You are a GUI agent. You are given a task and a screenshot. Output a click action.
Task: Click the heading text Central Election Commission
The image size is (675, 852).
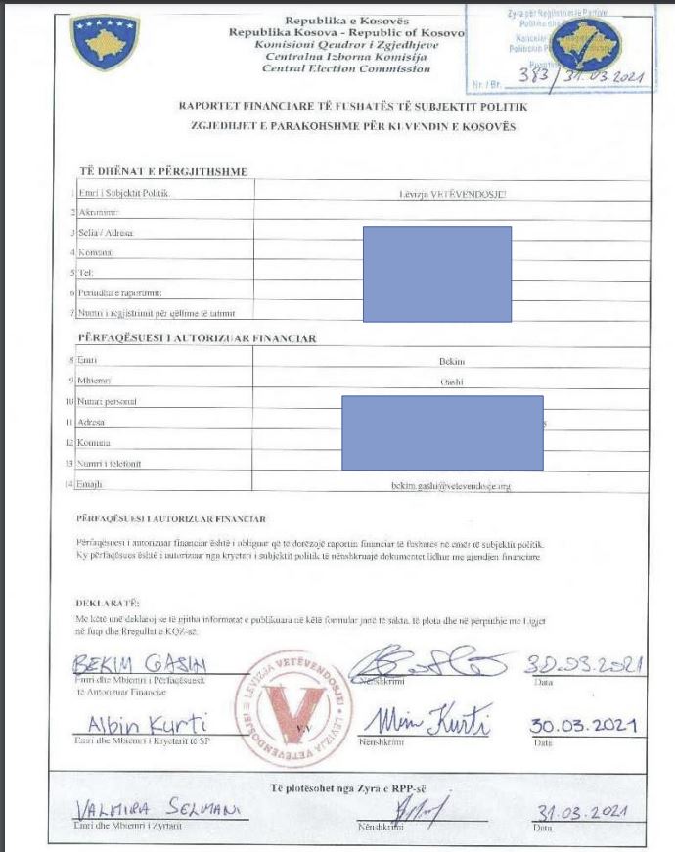pyautogui.click(x=346, y=69)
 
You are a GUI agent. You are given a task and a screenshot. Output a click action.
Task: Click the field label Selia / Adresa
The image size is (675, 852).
pyautogui.click(x=107, y=232)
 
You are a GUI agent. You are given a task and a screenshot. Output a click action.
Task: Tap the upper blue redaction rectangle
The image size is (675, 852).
pyautogui.click(x=436, y=274)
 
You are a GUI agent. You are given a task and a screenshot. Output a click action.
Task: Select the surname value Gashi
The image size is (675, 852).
pyautogui.click(x=451, y=381)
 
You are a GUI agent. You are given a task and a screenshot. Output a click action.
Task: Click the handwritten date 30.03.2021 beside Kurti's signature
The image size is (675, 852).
pyautogui.click(x=583, y=726)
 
